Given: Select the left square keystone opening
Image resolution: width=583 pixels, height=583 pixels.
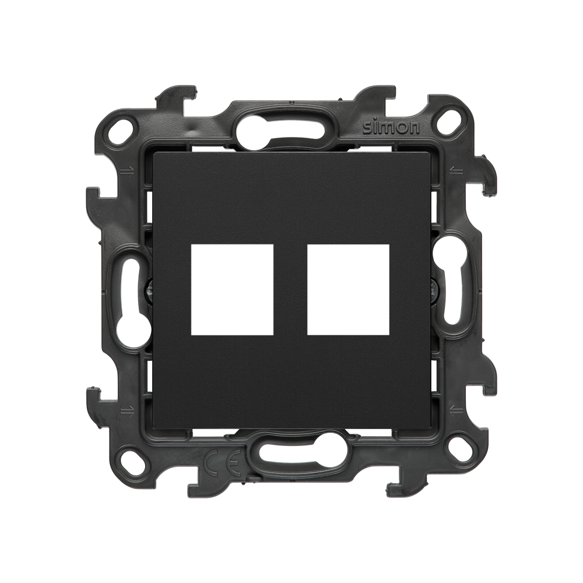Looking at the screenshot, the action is click(232, 290).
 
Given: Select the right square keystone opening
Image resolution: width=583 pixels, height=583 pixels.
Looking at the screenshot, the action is click(349, 290).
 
